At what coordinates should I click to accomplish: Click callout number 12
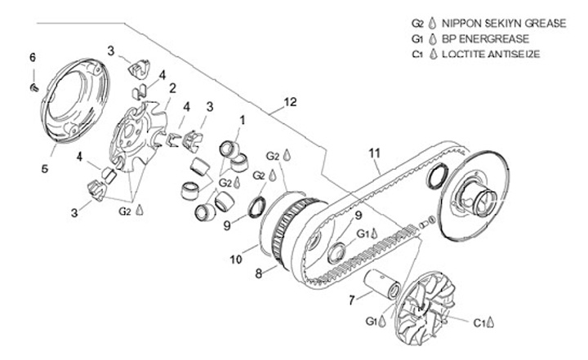[290, 103]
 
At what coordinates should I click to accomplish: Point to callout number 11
[375, 153]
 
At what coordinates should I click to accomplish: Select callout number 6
[33, 57]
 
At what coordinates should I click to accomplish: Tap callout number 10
[236, 260]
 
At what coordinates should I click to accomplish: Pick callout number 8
[261, 274]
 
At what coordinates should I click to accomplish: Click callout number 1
[241, 120]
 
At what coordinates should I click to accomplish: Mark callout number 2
[172, 87]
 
